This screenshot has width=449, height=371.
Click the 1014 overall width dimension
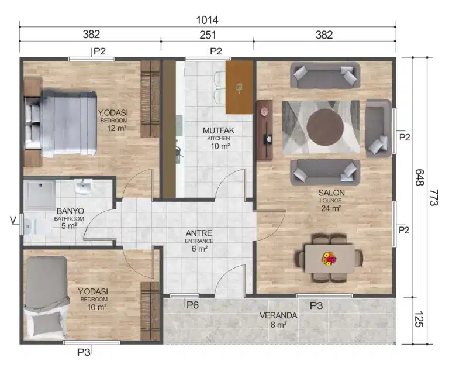click(207, 19)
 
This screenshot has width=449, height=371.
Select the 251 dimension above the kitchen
click(207, 35)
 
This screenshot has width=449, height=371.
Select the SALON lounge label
click(331, 193)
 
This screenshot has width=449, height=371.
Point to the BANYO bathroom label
click(70, 211)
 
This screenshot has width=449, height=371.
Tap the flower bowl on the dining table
click(329, 257)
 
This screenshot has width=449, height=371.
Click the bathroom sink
click(85, 187)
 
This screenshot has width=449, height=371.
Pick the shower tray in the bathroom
click(40, 194)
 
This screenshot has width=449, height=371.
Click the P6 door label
click(192, 305)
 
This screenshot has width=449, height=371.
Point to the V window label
click(13, 220)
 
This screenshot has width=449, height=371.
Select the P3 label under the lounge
click(316, 305)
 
